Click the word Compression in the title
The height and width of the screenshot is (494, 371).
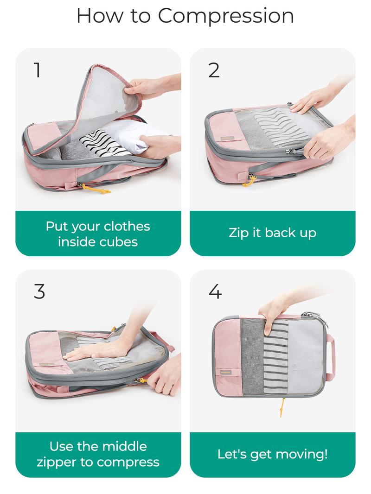point(226,16)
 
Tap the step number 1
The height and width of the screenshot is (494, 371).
point(37,70)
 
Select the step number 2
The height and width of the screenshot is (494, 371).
point(214,70)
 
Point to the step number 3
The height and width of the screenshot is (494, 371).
point(39,291)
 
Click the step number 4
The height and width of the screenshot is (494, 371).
point(215,291)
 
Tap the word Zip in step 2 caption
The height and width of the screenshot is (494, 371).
point(238,233)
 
